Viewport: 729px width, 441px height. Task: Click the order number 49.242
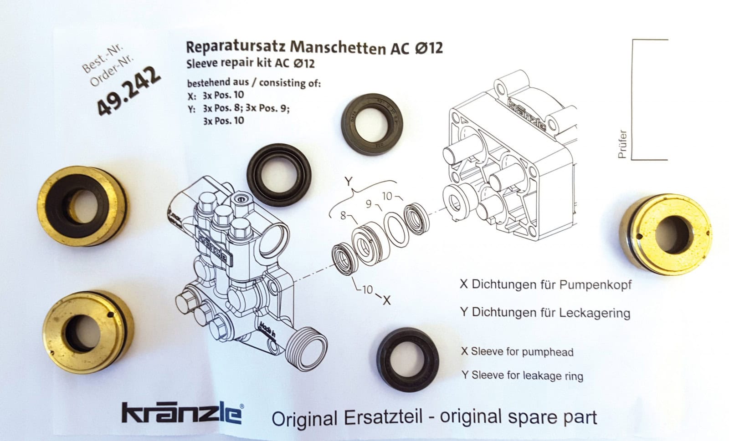129,91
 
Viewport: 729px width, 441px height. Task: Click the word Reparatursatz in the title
236,47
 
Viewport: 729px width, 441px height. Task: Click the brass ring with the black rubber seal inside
82,206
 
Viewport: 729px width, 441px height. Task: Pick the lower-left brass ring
88,331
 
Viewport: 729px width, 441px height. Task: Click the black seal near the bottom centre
407,360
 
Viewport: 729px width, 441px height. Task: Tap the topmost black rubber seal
372,124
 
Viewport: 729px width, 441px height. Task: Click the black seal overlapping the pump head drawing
279,175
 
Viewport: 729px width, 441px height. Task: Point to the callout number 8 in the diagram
343,215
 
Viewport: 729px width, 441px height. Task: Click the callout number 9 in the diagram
369,204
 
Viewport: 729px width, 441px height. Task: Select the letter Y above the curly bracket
349,181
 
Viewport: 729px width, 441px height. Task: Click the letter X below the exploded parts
387,301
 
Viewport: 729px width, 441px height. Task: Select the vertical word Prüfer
622,144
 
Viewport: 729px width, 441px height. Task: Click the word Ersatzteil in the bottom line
383,418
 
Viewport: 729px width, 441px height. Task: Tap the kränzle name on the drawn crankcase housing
527,115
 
